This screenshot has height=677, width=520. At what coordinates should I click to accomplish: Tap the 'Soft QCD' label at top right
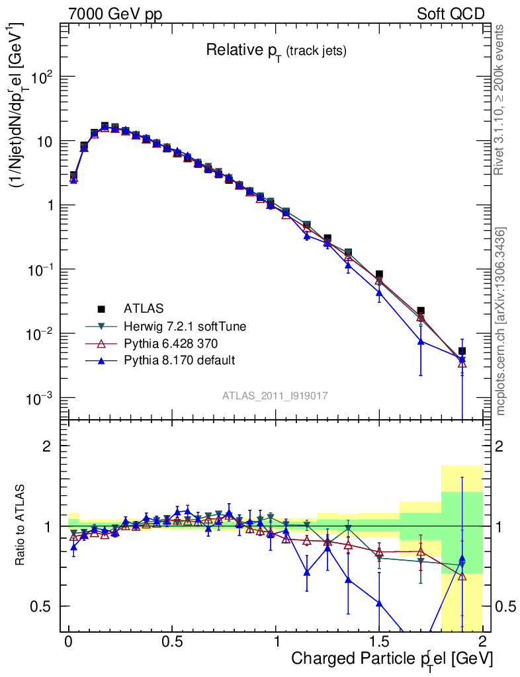coord(451,14)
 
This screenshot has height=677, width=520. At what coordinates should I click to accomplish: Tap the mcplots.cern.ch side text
coord(501,321)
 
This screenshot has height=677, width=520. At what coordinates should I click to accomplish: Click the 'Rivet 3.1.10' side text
coord(501,99)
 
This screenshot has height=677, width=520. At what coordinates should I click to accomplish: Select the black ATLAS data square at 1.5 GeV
coord(379,274)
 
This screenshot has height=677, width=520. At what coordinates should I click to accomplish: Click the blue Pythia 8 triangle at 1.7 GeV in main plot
coord(421,341)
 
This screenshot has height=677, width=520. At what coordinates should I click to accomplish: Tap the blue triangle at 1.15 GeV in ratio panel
coord(307,572)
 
